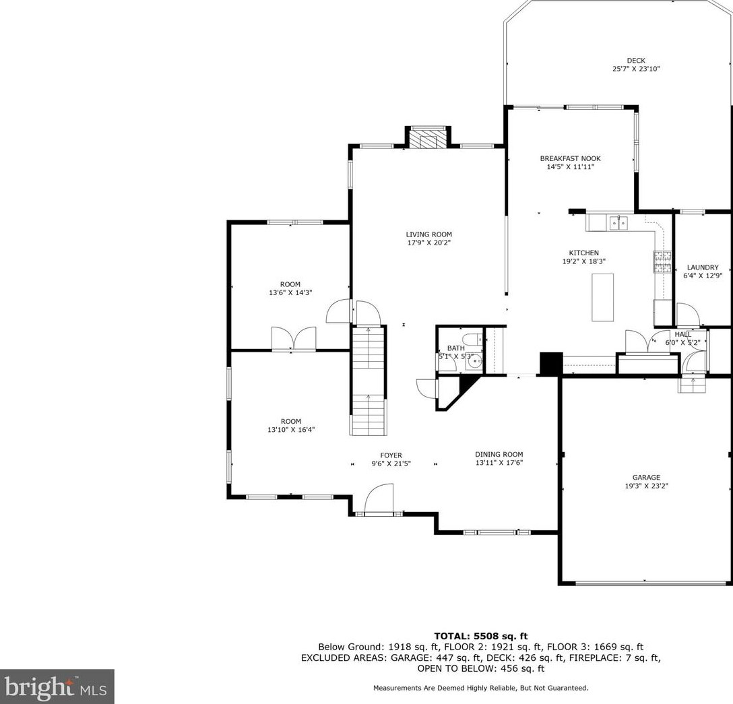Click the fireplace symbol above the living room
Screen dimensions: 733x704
[x=428, y=138]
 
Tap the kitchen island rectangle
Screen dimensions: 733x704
[x=602, y=297]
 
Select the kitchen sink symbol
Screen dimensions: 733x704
[x=618, y=223]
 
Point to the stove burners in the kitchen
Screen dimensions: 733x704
[x=662, y=262]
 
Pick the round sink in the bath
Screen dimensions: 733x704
[x=475, y=362]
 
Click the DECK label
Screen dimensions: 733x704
[x=636, y=61]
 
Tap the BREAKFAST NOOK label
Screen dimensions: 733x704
[x=571, y=158]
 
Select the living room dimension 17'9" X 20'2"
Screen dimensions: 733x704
[x=428, y=243]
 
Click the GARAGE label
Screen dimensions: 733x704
[x=646, y=477]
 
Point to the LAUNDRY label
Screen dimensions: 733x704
[x=703, y=267]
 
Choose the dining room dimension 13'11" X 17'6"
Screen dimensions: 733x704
[x=499, y=463]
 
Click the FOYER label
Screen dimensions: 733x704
[x=391, y=455]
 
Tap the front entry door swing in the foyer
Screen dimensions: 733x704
[x=379, y=499]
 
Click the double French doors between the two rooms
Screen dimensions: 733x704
[x=294, y=338]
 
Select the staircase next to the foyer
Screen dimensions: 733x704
[x=369, y=381]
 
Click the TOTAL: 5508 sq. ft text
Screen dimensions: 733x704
[x=480, y=636]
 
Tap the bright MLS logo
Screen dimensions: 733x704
[x=57, y=687]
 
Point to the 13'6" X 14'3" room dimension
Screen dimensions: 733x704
[x=290, y=292]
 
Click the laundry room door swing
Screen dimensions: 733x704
[x=688, y=314]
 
